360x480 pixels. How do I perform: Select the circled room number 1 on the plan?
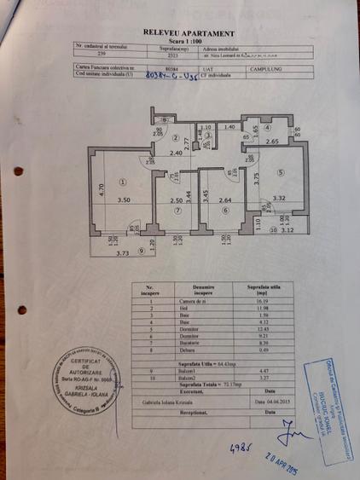point(123,181)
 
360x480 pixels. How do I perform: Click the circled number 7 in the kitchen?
point(177,211)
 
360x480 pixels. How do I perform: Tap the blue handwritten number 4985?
point(241,448)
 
